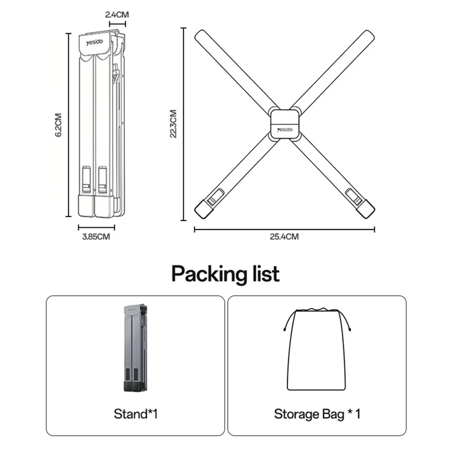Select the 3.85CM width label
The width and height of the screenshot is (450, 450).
click(x=96, y=237)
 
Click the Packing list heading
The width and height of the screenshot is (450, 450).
click(x=225, y=274)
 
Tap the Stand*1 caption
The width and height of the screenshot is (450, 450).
click(x=136, y=415)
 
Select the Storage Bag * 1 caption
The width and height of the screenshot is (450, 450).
click(x=317, y=415)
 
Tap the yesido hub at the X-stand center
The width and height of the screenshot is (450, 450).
click(x=285, y=123)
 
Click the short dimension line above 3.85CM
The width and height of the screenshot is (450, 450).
click(x=96, y=227)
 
